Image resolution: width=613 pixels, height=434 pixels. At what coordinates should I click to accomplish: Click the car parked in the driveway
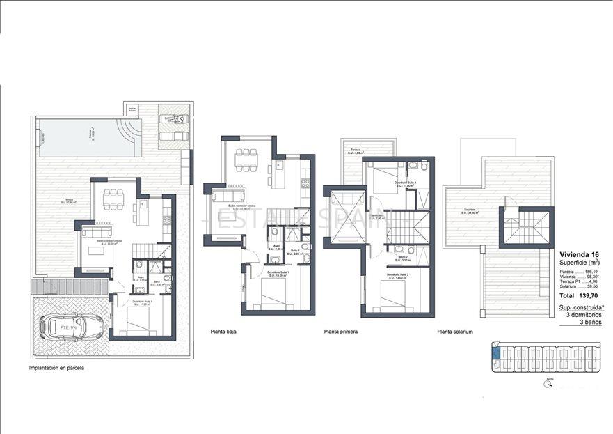(x=72, y=325)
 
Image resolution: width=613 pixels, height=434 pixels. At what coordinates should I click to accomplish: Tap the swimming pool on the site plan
(x=90, y=138)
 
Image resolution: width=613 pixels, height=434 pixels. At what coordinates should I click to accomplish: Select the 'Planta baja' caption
(x=223, y=332)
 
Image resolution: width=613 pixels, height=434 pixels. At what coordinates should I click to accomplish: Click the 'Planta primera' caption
(x=341, y=332)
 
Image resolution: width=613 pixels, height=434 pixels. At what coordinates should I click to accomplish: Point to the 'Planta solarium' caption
(x=455, y=332)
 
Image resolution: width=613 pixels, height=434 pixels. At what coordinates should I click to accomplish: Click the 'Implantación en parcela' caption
(x=56, y=368)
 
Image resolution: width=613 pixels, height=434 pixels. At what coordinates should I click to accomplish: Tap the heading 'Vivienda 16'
(x=578, y=254)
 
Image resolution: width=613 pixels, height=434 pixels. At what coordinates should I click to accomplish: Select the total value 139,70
(x=589, y=295)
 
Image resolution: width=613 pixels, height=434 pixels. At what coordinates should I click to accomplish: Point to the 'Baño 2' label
(x=404, y=257)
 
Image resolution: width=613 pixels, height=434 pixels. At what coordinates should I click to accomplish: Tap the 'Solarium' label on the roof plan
(x=461, y=210)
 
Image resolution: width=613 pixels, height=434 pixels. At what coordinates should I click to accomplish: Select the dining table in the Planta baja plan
(x=245, y=160)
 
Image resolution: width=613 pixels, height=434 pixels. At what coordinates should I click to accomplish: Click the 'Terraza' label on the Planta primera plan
(x=356, y=150)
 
